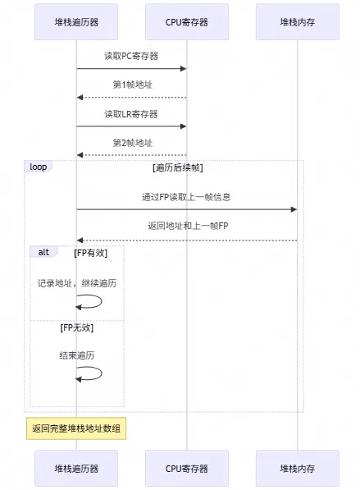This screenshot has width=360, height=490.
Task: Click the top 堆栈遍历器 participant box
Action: point(76,22)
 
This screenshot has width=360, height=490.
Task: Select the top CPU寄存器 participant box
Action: point(186,22)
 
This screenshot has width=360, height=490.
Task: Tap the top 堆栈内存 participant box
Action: point(297,22)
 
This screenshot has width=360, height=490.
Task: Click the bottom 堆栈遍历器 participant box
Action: point(76,469)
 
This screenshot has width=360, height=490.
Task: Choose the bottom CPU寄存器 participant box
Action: point(186,469)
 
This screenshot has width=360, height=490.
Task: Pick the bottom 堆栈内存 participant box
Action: point(297,469)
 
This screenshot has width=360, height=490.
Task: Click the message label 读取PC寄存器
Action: point(131,56)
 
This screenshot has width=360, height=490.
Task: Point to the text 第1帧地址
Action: point(131,85)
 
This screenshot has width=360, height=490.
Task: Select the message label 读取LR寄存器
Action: point(131,113)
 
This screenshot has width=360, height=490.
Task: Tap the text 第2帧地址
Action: point(131,142)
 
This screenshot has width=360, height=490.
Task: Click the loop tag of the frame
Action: point(39,167)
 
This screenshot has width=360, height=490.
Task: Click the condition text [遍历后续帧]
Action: point(178,167)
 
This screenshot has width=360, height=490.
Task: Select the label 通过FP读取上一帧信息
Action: point(186,197)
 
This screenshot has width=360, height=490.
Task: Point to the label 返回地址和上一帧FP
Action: point(186,226)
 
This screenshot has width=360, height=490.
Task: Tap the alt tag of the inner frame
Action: point(43,252)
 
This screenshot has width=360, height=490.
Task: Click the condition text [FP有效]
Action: point(90,253)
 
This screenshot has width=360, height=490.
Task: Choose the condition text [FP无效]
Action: point(76,327)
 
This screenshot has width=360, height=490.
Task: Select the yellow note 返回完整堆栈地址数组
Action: point(76,428)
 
